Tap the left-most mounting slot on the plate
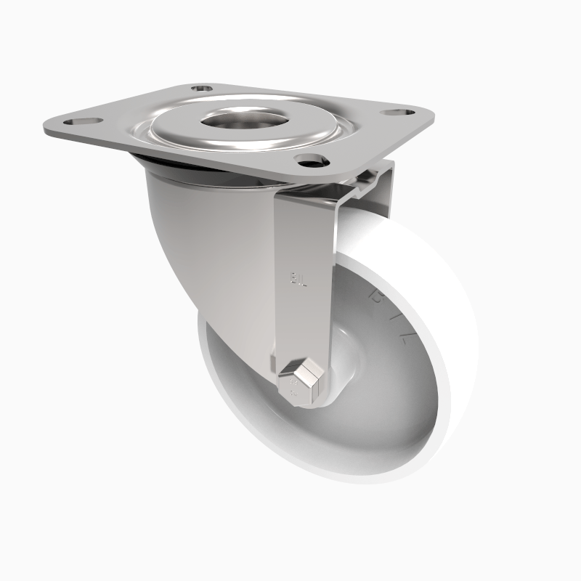pos(81,121)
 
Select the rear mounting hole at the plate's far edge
pos(203,89)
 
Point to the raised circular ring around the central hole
pos(182,131)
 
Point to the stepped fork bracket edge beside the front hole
pos(367,185)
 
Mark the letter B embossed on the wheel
pos(376,293)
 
